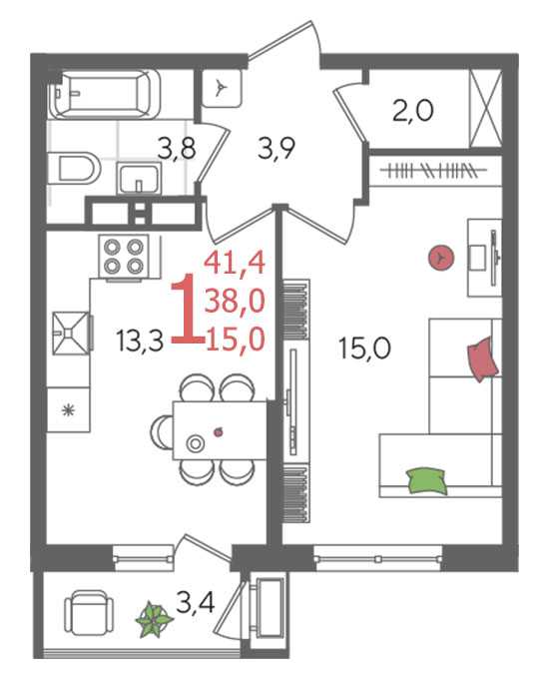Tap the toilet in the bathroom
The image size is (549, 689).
click(x=74, y=169)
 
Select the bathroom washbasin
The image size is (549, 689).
click(x=138, y=178)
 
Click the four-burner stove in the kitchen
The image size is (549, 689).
click(x=124, y=257)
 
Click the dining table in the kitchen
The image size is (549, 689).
click(x=220, y=430)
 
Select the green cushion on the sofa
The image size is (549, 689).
click(x=426, y=480)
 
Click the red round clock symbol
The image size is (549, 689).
click(x=441, y=258)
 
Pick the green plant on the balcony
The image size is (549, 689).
click(x=154, y=620)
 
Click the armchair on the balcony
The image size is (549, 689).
click(x=89, y=612)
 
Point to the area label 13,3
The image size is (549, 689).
click(x=140, y=341)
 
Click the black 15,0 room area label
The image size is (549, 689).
click(x=364, y=348)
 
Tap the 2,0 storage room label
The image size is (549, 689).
click(x=413, y=110)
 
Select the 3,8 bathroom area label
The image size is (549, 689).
click(x=177, y=149)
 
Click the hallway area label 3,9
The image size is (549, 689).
click(x=276, y=149)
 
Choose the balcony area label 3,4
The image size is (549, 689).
click(x=195, y=602)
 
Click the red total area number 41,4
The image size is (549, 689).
click(x=235, y=264)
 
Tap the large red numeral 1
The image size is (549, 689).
click(x=187, y=308)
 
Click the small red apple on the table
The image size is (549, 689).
click(x=218, y=432)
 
